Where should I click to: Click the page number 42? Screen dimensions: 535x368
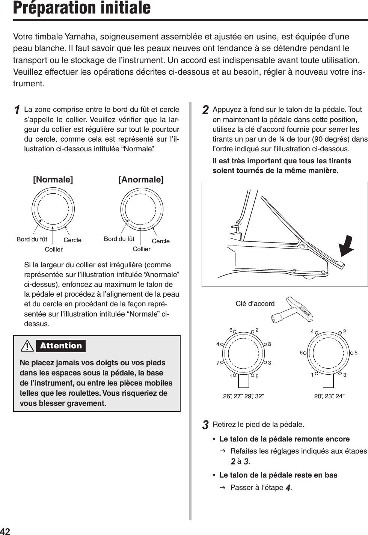point(5,531)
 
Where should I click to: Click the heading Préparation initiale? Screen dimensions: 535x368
point(82,8)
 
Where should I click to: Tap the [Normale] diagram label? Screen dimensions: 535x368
point(53,179)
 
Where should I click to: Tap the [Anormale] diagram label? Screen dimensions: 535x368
point(141,179)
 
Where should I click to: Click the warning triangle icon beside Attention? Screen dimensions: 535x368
point(27,346)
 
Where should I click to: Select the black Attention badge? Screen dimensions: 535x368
point(61,346)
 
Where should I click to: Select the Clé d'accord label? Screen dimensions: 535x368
point(255,303)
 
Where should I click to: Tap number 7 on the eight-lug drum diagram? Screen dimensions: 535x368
point(218,363)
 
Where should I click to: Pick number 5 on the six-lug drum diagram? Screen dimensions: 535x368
point(356,353)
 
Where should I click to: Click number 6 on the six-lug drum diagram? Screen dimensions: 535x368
point(301,353)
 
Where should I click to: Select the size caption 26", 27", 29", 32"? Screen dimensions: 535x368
point(243,396)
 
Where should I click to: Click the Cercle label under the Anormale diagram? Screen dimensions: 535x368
point(161,241)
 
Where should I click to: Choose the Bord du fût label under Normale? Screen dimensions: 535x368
point(32,239)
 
